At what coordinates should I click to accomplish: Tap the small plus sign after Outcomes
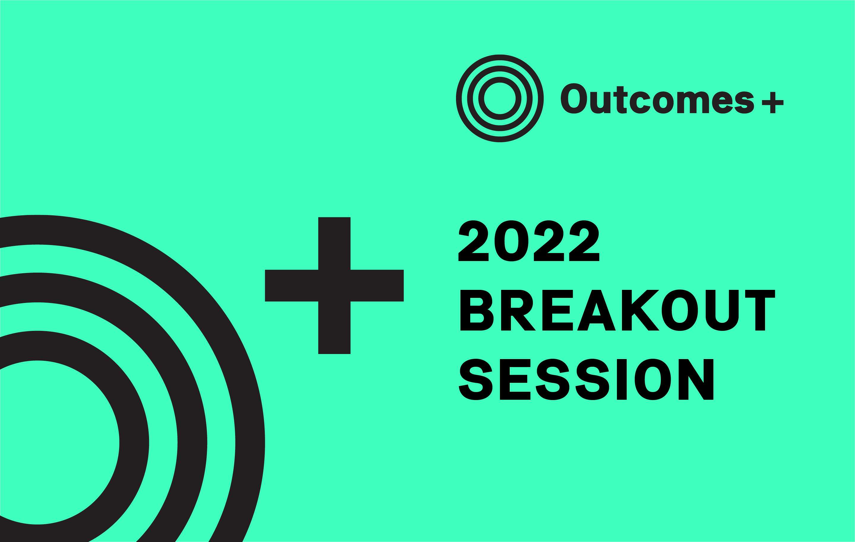tap(773, 102)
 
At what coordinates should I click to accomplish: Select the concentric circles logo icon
tap(500, 98)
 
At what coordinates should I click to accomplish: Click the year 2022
tap(529, 241)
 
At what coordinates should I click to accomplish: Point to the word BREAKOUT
tap(618, 310)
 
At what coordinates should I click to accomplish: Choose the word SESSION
tap(586, 379)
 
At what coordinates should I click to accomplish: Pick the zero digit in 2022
tap(511, 241)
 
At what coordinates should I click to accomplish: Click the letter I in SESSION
tap(622, 379)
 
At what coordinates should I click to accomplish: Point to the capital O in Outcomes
tap(574, 98)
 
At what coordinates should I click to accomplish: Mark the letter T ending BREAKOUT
tap(760, 310)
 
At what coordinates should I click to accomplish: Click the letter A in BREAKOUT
tap(596, 310)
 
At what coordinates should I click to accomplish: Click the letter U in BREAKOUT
tap(722, 310)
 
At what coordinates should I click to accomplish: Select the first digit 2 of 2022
tap(473, 241)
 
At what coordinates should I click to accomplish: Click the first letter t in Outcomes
tap(620, 100)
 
